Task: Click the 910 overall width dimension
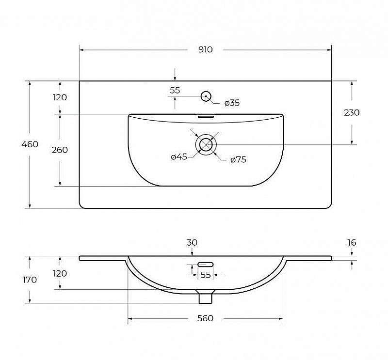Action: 205,50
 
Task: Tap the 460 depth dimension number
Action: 30,144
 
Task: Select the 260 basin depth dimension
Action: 60,150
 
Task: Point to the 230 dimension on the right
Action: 352,113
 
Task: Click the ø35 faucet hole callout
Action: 232,103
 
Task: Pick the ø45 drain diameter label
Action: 179,157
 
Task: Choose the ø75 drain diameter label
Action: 238,160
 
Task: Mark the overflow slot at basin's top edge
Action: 206,116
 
